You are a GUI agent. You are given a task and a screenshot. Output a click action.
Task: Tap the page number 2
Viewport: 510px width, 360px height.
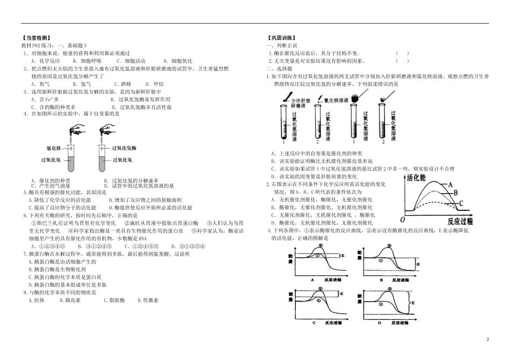click(488, 340)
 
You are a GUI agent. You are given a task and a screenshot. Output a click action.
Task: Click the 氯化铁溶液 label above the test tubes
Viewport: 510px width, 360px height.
click(337, 100)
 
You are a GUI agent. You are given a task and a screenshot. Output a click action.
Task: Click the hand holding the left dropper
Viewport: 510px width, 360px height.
click(78, 129)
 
